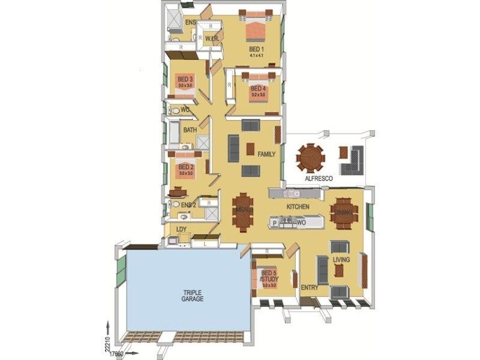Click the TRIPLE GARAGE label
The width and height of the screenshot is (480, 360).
193,295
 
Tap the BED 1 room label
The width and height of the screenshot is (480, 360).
256,50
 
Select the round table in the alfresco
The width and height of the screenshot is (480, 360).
310,158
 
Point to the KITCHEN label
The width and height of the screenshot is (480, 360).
298,206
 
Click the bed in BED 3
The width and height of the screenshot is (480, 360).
185,82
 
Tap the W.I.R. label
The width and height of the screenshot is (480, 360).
211,40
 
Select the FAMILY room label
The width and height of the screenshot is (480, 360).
266,154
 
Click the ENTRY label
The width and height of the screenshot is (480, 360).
309,287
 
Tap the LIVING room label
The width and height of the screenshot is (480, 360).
341,259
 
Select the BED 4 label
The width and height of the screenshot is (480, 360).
258,88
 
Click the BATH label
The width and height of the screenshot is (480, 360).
190,130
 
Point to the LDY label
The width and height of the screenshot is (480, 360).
181,229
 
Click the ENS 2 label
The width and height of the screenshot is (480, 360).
189,205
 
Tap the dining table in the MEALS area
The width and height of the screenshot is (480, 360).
243,211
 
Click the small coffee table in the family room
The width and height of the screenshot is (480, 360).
250,149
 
